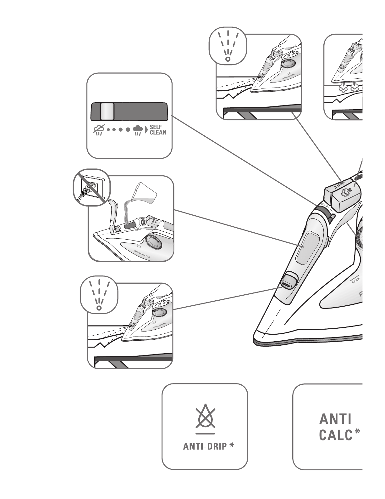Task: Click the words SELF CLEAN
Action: tap(158, 129)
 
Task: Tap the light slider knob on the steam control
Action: tap(107, 111)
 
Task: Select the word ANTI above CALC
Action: tap(335, 419)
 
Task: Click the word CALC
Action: tap(335, 435)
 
